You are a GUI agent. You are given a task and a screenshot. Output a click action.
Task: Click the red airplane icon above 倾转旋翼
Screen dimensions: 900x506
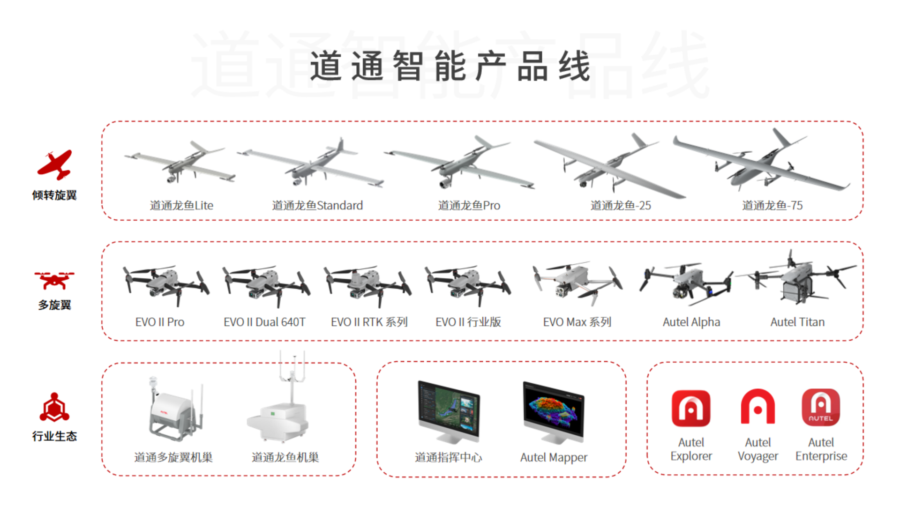point(54,165)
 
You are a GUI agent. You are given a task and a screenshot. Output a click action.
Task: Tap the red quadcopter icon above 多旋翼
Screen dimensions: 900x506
point(54,280)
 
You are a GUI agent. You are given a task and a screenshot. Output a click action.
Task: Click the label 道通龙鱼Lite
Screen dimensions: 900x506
point(181,205)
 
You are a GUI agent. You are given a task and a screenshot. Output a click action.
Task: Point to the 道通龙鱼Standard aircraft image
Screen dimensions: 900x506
point(310,164)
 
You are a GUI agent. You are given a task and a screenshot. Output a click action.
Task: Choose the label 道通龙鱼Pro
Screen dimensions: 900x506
point(469,205)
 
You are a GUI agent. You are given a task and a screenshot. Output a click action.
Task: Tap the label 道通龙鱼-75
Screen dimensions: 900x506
point(772,205)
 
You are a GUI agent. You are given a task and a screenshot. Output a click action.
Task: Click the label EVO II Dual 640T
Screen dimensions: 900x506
point(264,322)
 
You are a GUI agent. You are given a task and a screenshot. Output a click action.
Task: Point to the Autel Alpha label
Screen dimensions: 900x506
point(691,322)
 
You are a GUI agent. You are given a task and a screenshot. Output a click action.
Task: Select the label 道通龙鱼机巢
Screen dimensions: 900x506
point(285,457)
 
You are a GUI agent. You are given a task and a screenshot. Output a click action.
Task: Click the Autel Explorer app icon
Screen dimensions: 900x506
point(691,408)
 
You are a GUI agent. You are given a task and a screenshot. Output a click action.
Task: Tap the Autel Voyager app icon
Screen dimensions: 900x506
point(757,406)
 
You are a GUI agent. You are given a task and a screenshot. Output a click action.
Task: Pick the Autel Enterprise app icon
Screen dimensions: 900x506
point(821,407)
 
